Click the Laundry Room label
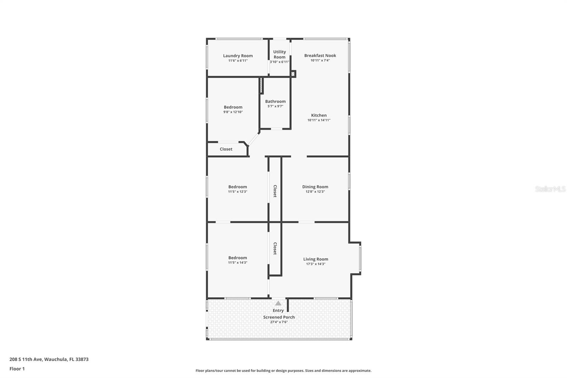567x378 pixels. (x=238, y=56)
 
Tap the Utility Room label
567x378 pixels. (x=279, y=54)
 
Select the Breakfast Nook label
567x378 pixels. (x=320, y=55)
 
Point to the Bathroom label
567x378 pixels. (x=275, y=101)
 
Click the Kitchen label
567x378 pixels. (x=319, y=115)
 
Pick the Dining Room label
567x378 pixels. (x=315, y=187)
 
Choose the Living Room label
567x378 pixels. (x=315, y=259)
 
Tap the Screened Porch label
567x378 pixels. (x=279, y=317)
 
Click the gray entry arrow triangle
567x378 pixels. (x=278, y=303)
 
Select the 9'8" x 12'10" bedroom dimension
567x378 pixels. (x=233, y=112)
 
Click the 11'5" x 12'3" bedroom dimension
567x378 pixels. (x=237, y=192)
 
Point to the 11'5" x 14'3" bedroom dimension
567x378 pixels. (x=237, y=263)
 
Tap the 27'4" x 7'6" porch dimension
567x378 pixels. (x=279, y=322)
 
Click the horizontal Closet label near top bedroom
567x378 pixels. (x=226, y=149)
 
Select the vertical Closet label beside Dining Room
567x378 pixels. (x=275, y=191)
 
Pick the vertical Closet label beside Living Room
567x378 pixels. (x=275, y=249)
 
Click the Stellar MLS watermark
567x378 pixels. (x=550, y=189)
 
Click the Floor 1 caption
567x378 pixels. (x=17, y=369)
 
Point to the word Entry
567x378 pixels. (x=278, y=311)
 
